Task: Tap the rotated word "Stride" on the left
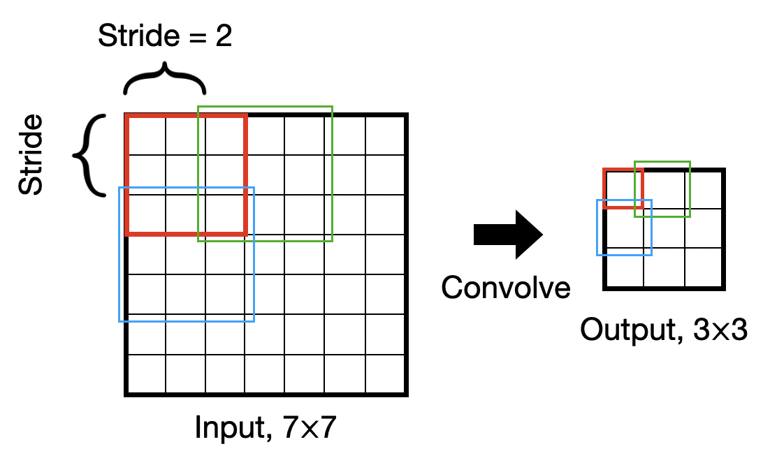click(x=31, y=155)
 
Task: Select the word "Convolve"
click(x=505, y=287)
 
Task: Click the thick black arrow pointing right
click(x=507, y=235)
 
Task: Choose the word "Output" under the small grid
click(x=624, y=330)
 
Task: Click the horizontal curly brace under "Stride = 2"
click(x=165, y=78)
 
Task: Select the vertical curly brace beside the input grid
click(x=90, y=155)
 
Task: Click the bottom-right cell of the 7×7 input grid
click(x=385, y=375)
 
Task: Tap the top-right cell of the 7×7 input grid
click(x=385, y=135)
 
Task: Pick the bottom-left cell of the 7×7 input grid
click(x=145, y=375)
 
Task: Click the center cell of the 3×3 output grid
click(x=664, y=228)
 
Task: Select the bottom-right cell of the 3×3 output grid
click(x=704, y=267)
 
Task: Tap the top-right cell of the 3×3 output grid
click(x=704, y=189)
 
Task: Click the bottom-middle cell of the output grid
click(x=664, y=267)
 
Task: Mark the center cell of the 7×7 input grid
click(x=265, y=255)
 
